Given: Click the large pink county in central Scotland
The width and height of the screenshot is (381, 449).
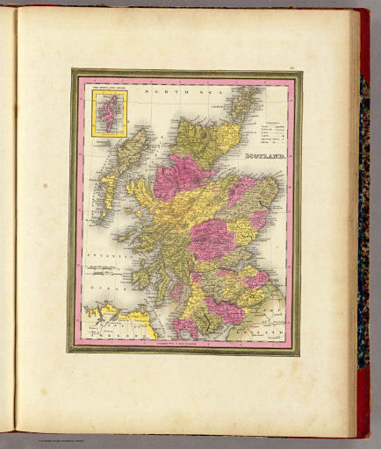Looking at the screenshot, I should coord(211,237).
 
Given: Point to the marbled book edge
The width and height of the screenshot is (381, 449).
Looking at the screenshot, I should coord(363,219).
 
